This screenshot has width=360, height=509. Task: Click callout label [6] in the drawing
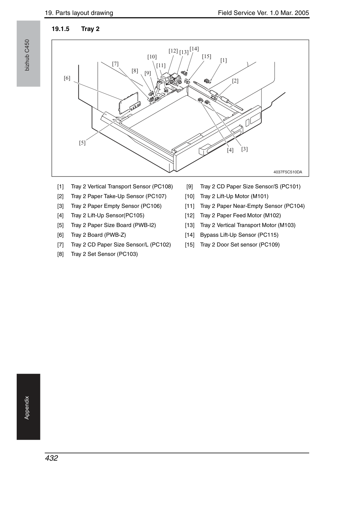[x=67, y=78]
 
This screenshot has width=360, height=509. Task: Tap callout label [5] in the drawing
[x=82, y=143]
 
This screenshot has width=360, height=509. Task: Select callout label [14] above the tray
[x=194, y=49]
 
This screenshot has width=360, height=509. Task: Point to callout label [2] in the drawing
[x=235, y=81]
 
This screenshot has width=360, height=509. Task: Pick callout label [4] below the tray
[x=230, y=150]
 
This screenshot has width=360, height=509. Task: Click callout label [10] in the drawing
[x=152, y=57]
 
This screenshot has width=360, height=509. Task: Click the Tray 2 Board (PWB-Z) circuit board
[x=128, y=103]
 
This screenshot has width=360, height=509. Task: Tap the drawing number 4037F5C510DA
[x=288, y=172]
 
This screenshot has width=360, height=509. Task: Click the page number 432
[x=52, y=458]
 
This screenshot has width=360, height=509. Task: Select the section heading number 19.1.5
[x=61, y=29]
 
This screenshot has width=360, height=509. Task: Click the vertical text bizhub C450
[x=27, y=55]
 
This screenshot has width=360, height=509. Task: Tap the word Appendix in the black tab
[x=27, y=408]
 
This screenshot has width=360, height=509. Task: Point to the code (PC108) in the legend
[x=163, y=187]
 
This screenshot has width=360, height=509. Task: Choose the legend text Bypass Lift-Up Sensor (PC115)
[x=239, y=235]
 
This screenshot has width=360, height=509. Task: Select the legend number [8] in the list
[x=61, y=254]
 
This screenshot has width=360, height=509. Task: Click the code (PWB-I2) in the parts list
[x=144, y=225]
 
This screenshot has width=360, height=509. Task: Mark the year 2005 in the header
[x=302, y=13]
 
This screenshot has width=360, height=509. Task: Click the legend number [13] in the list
[x=189, y=225]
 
